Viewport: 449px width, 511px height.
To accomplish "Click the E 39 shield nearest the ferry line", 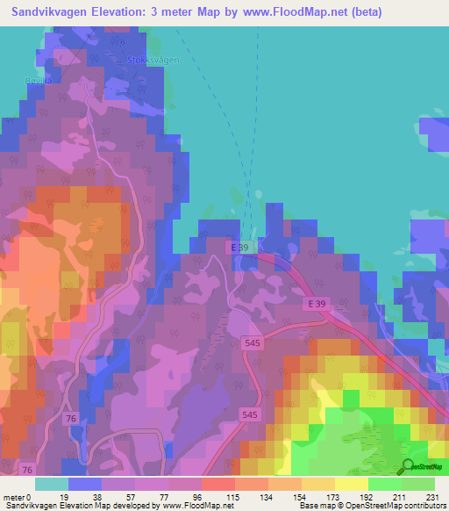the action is (241, 248).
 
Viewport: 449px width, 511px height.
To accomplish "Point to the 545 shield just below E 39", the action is (252, 349).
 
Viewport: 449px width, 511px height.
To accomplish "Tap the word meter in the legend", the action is (14, 497).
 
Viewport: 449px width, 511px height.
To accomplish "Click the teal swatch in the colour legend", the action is (51, 484).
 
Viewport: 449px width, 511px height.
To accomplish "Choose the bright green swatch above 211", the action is (384, 484).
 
